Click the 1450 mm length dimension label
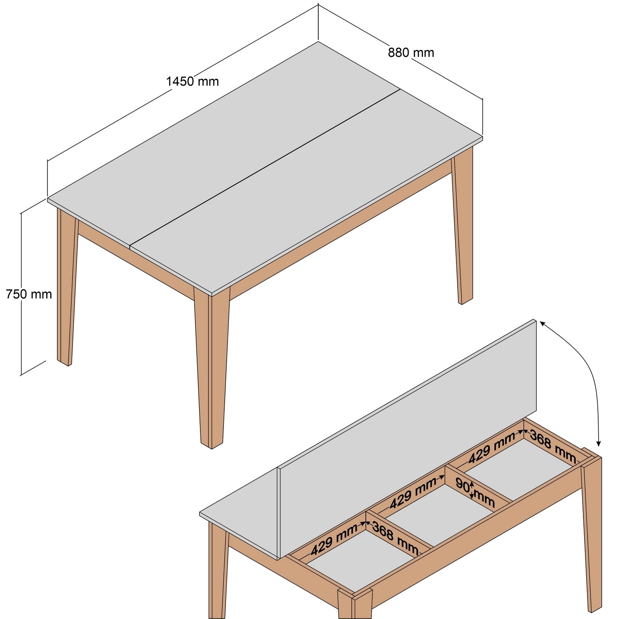click(193, 81)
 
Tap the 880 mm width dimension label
click(411, 52)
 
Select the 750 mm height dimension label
click(29, 294)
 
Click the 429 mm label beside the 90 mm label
click(414, 493)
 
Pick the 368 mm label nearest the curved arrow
click(552, 446)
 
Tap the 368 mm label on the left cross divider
click(395, 538)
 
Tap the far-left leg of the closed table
click(66, 289)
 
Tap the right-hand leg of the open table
click(593, 536)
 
